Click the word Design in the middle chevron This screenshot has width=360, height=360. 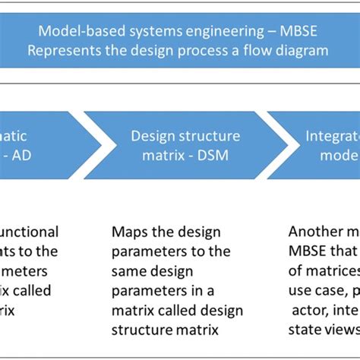click(x=152, y=136)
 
